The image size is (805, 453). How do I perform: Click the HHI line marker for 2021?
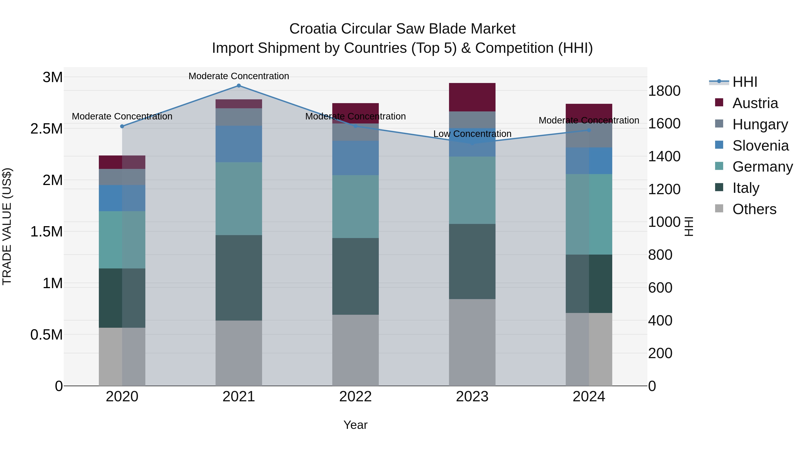(239, 86)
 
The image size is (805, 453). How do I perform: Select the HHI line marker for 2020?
(122, 126)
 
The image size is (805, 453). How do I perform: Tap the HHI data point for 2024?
(589, 130)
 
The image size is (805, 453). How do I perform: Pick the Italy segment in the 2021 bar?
(239, 278)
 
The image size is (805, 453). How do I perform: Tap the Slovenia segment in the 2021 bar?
(239, 144)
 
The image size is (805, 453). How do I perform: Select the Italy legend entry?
(746, 188)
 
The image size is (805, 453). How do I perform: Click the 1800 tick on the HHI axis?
(664, 91)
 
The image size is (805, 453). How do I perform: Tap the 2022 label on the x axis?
(355, 397)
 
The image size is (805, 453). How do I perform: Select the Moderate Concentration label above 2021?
(239, 76)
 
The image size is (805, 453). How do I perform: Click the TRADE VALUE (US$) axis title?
(7, 226)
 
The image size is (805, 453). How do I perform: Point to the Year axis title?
(355, 425)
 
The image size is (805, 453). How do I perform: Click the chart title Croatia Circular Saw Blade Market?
(402, 29)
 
